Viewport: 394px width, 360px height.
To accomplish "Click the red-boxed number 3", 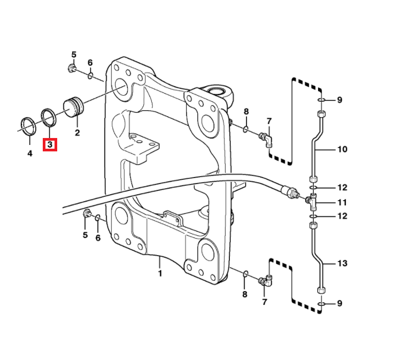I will click(x=50, y=144).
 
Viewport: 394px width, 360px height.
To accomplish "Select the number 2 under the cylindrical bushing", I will click(x=77, y=132).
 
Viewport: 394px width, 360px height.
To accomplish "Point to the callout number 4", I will click(x=30, y=153).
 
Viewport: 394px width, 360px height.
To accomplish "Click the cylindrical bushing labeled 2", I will click(x=74, y=106).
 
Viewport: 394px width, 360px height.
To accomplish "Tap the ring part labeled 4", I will click(x=27, y=125).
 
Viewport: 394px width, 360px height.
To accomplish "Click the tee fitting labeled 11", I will click(x=312, y=201).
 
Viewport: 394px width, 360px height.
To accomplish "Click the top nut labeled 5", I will click(x=72, y=68).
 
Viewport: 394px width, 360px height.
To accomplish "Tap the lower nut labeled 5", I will click(x=86, y=215).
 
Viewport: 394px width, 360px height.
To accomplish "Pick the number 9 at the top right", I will click(x=339, y=100).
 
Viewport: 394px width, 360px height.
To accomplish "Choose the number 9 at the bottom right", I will click(x=339, y=304).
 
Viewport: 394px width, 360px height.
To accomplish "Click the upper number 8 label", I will click(x=246, y=112).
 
